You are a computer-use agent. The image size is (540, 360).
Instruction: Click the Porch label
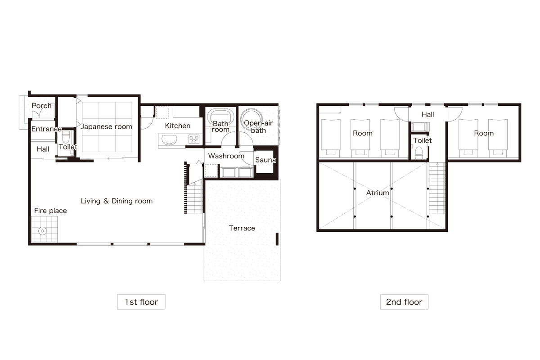[42, 106]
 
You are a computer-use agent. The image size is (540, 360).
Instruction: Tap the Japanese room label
[106, 126]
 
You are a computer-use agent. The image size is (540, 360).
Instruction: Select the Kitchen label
[178, 126]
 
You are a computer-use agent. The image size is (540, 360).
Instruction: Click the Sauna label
[265, 160]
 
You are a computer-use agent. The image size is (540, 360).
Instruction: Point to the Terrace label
[242, 228]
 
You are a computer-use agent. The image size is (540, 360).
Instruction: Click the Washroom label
[226, 156]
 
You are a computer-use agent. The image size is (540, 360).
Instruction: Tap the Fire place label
[50, 211]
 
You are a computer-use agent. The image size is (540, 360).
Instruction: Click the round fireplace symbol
[43, 231]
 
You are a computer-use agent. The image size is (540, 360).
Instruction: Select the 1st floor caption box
[141, 302]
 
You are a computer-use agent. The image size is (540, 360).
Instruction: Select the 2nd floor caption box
[404, 302]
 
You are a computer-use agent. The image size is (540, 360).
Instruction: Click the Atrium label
[378, 193]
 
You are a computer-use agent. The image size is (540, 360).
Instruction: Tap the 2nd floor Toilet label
[423, 140]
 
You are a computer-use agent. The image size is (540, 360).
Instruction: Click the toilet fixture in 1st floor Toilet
[66, 137]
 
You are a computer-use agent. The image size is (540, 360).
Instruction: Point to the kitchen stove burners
[194, 139]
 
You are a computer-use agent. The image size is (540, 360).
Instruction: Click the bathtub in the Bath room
[220, 117]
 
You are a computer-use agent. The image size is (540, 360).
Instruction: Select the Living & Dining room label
[117, 201]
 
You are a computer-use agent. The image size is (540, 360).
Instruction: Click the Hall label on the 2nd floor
[428, 114]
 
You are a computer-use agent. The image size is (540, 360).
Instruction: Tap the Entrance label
[46, 129]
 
